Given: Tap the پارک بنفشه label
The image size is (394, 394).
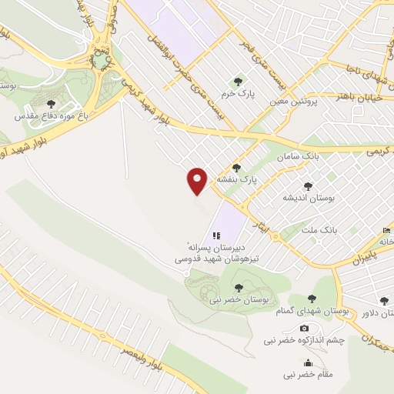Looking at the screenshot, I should tap(235, 179).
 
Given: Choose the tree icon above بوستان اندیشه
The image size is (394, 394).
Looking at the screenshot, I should tap(308, 185).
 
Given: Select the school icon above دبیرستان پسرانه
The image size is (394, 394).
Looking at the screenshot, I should tap(216, 235).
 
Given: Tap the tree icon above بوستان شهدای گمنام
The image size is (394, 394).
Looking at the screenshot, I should tap(312, 299).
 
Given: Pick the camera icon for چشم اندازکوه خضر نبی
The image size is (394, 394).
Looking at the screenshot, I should tap(304, 329).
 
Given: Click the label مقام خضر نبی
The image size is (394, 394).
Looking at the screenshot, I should tap(308, 375).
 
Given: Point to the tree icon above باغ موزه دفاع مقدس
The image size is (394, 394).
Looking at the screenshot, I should tap(51, 104).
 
